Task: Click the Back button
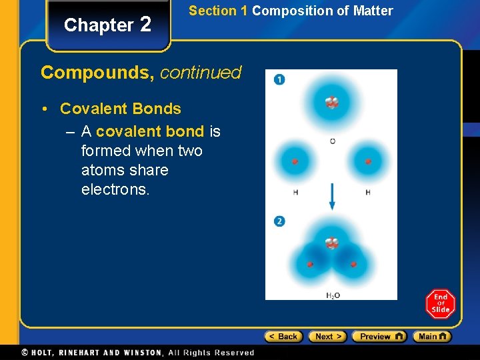pos(283,337)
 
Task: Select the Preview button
pos(379,337)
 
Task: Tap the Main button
pos(431,337)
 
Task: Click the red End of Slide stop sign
pos(440,304)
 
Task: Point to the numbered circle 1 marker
pos(279,80)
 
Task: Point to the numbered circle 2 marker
pos(279,221)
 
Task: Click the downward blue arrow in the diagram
pos(331,197)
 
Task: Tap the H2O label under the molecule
pos(332,295)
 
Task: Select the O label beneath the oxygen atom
pos(332,141)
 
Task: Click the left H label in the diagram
pos(295,193)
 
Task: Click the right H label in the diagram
pos(368,193)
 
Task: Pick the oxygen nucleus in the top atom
pos(331,103)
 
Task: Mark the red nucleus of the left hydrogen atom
pos(295,161)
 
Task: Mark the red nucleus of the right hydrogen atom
pos(368,161)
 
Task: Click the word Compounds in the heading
pos(97,73)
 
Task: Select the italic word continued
pos(201,73)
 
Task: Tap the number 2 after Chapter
pos(146,25)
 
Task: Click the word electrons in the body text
pos(115,189)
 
